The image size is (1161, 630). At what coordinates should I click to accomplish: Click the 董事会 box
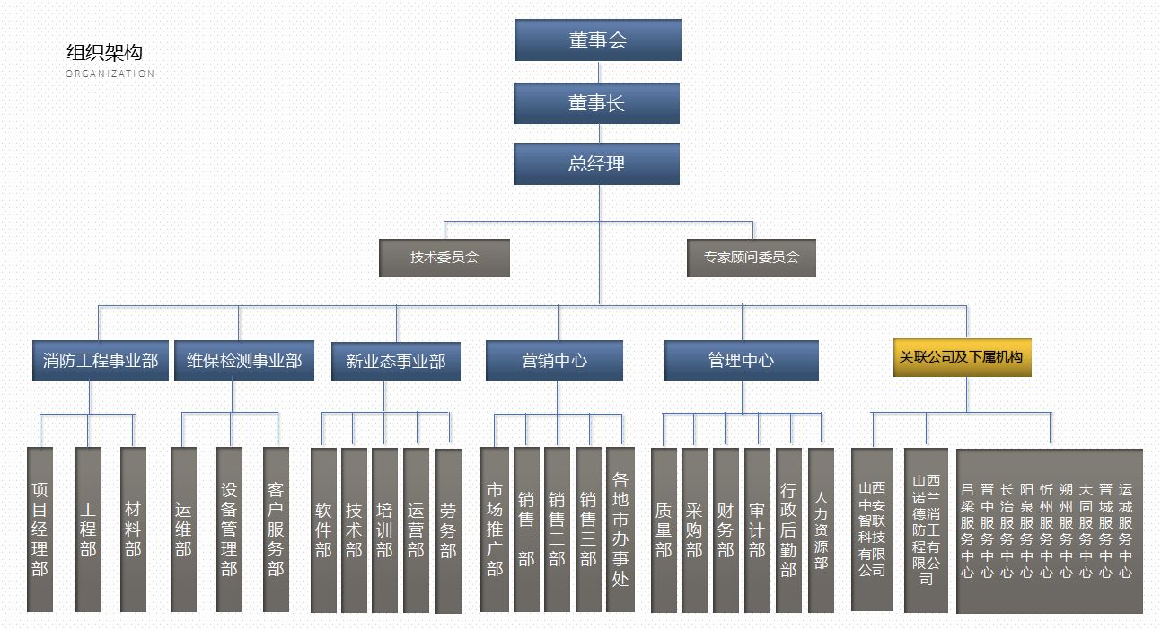point(597,40)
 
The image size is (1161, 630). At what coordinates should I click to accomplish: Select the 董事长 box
point(596,103)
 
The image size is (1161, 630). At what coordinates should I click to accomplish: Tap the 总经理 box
point(596,164)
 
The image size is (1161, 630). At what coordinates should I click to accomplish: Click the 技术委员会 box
point(444,258)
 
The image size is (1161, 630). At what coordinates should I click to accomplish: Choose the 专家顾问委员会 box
point(751,258)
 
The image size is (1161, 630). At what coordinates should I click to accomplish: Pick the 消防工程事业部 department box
point(101,361)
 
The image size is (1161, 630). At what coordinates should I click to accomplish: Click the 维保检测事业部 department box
point(244,361)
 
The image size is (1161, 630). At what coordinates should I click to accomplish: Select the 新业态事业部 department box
point(395,362)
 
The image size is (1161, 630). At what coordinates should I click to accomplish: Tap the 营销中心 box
point(554,361)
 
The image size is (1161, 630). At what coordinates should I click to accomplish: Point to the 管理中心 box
point(741,361)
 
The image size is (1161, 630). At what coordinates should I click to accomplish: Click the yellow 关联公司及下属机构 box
point(963,357)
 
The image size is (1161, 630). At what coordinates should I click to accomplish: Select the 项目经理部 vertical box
point(40,529)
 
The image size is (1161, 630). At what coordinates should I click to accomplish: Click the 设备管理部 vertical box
point(229,529)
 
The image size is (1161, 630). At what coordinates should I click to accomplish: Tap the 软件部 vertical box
point(323,529)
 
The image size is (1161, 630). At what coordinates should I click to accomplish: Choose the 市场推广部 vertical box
point(495,529)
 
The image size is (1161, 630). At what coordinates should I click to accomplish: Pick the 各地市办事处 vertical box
point(620,529)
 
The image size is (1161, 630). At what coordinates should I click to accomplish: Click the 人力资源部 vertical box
point(821,529)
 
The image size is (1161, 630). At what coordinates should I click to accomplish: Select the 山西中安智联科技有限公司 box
point(872,529)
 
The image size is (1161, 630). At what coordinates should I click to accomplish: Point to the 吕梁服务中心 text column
point(967,529)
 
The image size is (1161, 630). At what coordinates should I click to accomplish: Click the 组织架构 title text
point(104,53)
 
